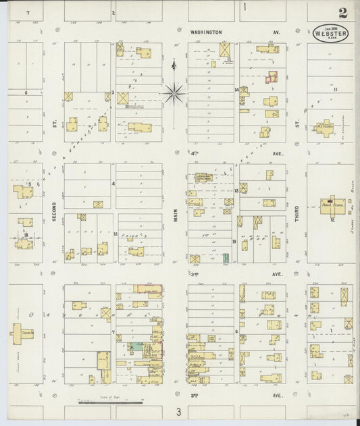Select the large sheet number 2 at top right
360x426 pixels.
[x=344, y=12]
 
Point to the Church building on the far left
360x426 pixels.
[x=22, y=331]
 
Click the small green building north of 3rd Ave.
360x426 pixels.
[x=226, y=257]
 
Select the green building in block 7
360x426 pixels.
[x=136, y=346]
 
